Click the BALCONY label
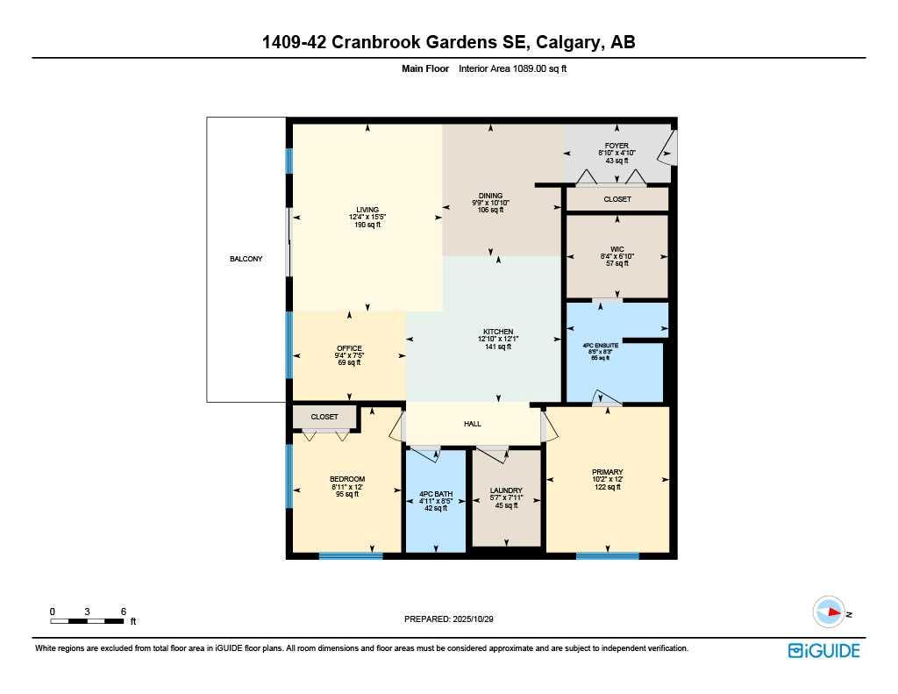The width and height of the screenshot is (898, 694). (246, 259)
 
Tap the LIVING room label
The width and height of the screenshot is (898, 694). (367, 210)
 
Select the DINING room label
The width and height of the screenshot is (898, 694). (490, 196)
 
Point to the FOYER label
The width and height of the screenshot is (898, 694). (616, 146)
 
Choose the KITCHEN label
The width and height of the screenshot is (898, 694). (497, 332)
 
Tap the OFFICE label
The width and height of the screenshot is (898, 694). (349, 348)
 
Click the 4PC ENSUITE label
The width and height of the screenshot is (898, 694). (601, 346)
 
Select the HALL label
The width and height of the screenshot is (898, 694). (473, 424)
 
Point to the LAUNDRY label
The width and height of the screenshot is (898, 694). (506, 490)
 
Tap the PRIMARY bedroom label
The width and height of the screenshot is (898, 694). (607, 472)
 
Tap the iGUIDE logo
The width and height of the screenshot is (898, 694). (823, 650)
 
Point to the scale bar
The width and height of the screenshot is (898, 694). (87, 621)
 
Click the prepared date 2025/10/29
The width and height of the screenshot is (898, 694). (474, 619)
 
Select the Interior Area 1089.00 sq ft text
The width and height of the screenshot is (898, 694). (513, 68)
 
